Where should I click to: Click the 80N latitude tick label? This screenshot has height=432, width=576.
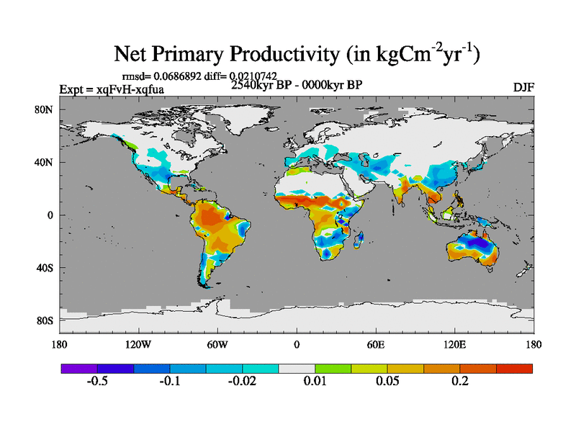[x=45, y=110]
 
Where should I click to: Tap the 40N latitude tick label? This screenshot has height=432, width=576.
[x=45, y=163]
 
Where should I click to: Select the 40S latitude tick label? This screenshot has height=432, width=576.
[x=45, y=268]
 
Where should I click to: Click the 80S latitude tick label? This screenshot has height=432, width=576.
[x=45, y=320]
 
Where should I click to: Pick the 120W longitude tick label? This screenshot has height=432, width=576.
[x=138, y=344]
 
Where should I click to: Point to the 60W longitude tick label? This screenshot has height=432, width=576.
[x=217, y=344]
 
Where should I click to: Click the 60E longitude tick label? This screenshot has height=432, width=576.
[x=375, y=344]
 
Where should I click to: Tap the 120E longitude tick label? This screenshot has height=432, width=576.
[x=454, y=344]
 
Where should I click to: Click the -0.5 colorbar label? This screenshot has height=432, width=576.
[x=97, y=381]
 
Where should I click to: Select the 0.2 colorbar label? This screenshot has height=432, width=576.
[x=460, y=381]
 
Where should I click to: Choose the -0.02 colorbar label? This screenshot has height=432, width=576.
[x=242, y=381]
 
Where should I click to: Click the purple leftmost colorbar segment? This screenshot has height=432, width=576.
[x=79, y=368]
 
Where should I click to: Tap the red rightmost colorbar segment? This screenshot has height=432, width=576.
[x=514, y=368]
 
